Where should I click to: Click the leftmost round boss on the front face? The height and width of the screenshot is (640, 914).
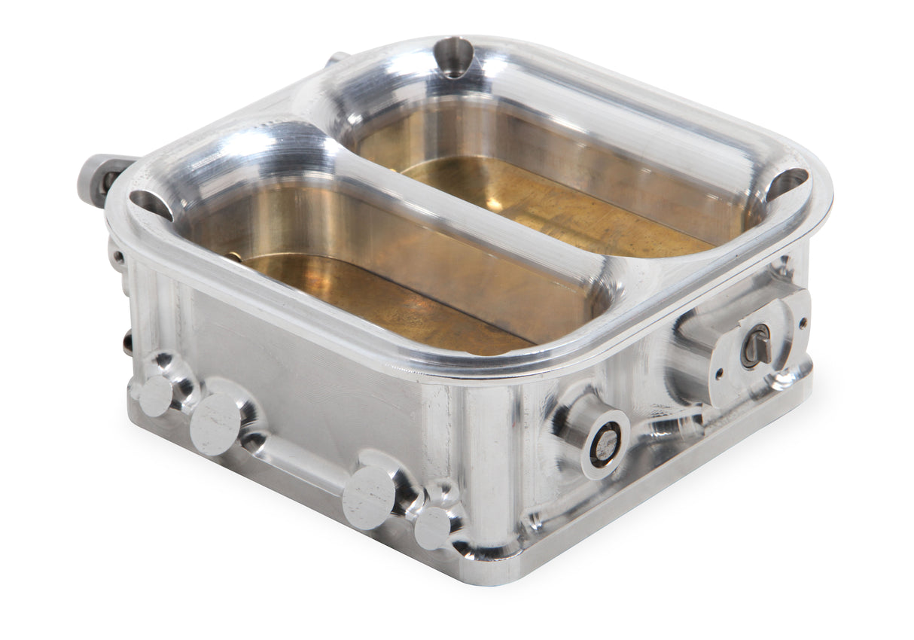[156, 395]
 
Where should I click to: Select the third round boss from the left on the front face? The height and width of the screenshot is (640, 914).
[369, 496]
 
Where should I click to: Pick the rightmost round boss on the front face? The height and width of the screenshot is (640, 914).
[432, 527]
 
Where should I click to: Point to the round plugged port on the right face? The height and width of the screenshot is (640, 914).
[605, 444]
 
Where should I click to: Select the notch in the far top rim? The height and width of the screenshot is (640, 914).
[453, 56]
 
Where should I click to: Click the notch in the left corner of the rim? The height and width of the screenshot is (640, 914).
[150, 204]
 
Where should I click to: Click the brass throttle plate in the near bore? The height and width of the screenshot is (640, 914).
[376, 301]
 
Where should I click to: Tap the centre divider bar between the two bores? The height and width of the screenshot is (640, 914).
[467, 203]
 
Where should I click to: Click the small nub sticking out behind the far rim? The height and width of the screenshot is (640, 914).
[337, 57]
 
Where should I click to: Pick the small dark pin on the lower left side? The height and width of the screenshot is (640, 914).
[127, 343]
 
